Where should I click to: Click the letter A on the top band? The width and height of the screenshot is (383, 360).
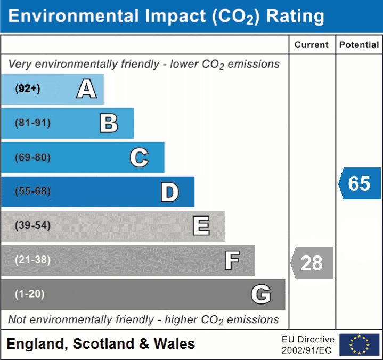click(x=86, y=89)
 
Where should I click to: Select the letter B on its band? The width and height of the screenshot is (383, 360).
click(x=109, y=123)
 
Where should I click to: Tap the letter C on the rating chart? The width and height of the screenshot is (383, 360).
click(x=139, y=157)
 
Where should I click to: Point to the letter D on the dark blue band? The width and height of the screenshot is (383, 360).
click(x=169, y=192)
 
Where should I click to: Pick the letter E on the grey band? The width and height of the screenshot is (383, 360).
click(x=201, y=226)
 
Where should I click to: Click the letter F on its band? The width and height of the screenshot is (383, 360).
click(x=232, y=260)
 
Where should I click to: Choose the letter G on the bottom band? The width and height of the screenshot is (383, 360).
click(x=261, y=294)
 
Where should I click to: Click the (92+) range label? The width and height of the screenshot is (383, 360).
click(x=28, y=89)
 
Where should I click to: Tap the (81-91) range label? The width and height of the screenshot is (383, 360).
click(x=33, y=123)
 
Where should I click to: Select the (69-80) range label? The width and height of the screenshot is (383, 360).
click(x=33, y=158)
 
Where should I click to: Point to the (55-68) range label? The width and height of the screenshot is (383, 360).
click(x=33, y=191)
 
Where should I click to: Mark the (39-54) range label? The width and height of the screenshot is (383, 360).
click(x=33, y=226)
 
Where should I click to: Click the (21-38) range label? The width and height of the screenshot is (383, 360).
click(x=33, y=260)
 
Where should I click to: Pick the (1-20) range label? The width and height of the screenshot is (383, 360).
click(x=30, y=294)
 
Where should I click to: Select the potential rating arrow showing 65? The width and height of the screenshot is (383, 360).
click(x=360, y=183)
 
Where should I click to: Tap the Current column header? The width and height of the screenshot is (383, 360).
click(x=312, y=45)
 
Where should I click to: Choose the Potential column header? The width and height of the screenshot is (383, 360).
click(x=359, y=45)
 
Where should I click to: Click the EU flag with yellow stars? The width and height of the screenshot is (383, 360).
click(x=359, y=345)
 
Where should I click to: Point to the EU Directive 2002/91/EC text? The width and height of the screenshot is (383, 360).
click(x=308, y=345)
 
